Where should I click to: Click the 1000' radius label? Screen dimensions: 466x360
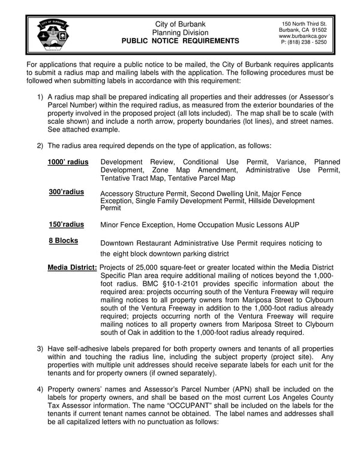[x=68, y=162]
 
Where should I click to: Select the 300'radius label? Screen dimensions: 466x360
[x=66, y=192]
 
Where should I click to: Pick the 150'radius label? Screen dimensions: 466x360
[x=66, y=225]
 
